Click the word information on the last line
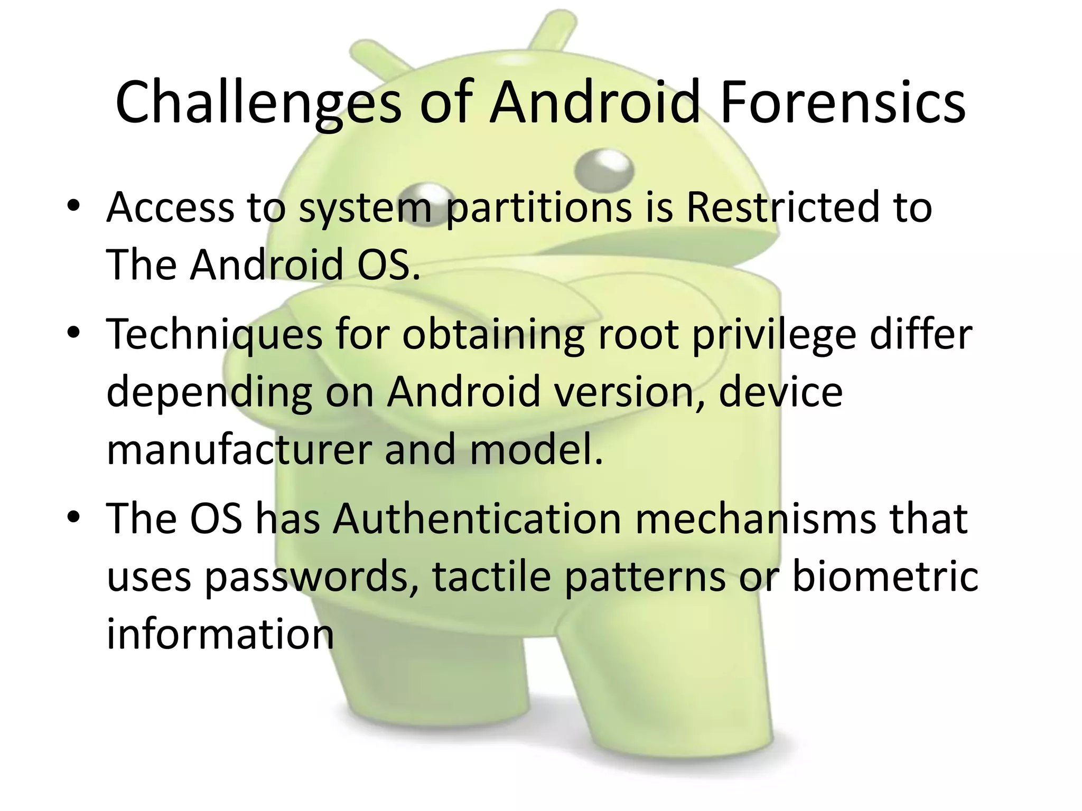[x=220, y=634]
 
